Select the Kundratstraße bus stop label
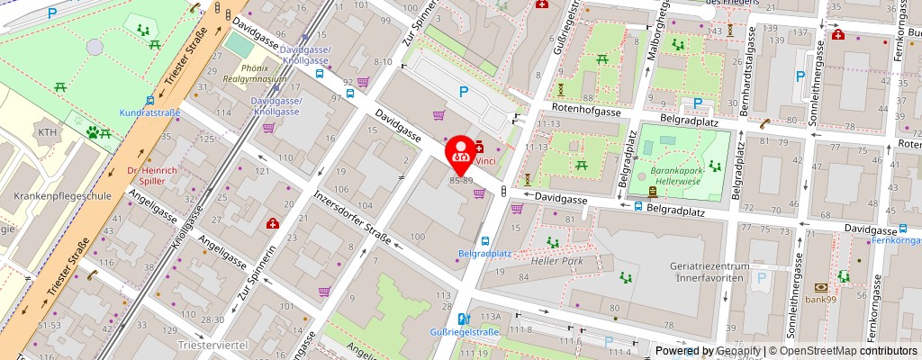[149, 112]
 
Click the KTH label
[46, 132]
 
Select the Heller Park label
[558, 261]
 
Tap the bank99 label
[820, 300]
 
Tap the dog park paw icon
[93, 132]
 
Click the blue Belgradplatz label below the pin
[484, 254]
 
